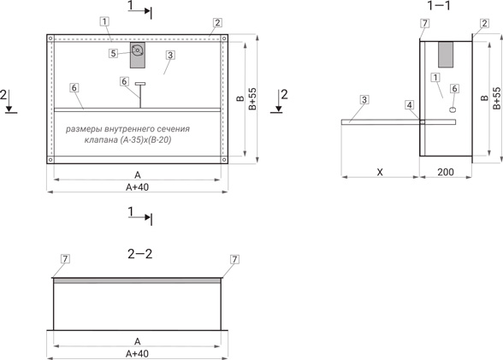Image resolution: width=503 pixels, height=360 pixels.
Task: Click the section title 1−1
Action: [439, 5]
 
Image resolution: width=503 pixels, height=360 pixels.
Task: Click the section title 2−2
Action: [140, 254]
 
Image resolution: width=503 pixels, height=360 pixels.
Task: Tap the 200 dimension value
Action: [446, 172]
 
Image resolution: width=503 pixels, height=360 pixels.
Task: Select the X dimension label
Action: [380, 172]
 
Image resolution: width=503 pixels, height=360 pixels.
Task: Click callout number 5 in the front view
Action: [113, 53]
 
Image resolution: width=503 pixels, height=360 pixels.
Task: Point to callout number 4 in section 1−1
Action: [409, 105]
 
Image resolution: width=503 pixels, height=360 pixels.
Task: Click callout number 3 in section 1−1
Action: [364, 100]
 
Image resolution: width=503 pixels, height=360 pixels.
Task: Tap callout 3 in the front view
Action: [170, 55]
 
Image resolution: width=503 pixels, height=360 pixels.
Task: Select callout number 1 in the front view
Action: [104, 21]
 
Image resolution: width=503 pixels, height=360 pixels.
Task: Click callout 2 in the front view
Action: [217, 22]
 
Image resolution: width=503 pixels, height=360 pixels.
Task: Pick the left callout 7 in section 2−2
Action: [65, 259]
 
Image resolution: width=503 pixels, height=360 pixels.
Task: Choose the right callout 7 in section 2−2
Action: [234, 259]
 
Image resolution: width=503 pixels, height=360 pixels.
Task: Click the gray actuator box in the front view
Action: [137, 55]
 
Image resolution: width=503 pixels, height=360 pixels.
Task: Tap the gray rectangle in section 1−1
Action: [446, 54]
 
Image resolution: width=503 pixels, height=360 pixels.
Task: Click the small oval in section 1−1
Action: [453, 109]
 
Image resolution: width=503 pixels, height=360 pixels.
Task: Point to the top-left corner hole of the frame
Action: [50, 38]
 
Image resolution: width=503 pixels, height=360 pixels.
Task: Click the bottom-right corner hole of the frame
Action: [224, 159]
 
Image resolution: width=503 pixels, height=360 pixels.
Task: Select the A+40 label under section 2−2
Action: [137, 354]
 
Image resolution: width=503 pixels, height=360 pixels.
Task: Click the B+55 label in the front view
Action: [253, 98]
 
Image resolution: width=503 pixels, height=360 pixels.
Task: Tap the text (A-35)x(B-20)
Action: [145, 140]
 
